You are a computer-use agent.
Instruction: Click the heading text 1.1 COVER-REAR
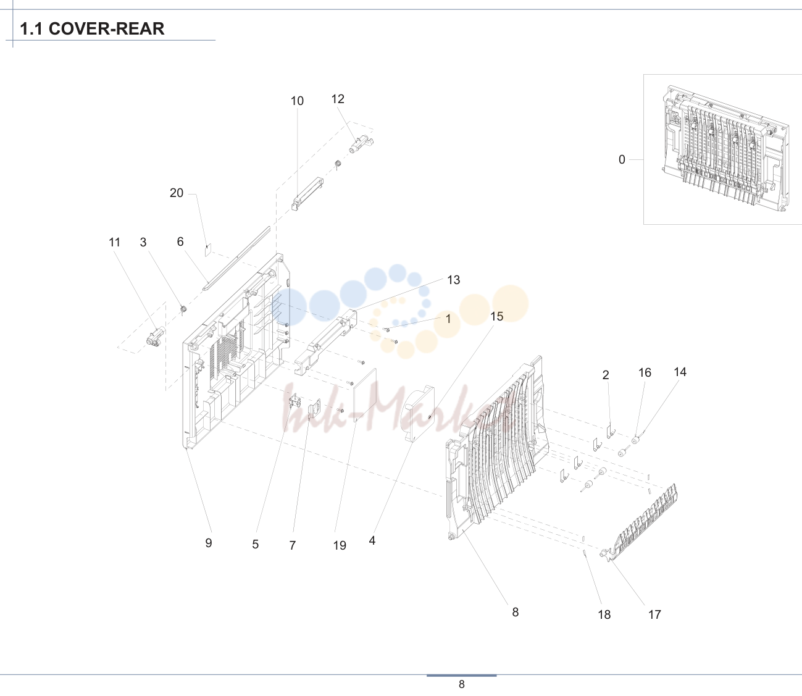click(x=92, y=28)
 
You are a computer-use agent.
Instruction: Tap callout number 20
click(x=177, y=193)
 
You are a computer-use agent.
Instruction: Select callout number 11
click(x=114, y=242)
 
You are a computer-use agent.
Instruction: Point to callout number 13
click(x=454, y=280)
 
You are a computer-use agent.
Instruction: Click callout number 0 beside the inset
click(x=622, y=159)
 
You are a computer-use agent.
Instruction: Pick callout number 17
click(x=654, y=614)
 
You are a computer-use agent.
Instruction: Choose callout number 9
click(x=209, y=543)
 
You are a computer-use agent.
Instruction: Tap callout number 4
click(x=372, y=541)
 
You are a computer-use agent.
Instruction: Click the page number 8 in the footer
click(x=462, y=684)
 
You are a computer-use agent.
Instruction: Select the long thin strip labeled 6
click(x=236, y=258)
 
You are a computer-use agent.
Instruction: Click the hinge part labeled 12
click(x=361, y=144)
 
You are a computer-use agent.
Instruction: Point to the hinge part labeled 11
click(x=156, y=337)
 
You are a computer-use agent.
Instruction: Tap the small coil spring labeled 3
click(x=183, y=309)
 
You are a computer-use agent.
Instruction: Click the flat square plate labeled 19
click(x=365, y=395)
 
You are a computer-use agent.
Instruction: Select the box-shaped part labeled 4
click(x=420, y=414)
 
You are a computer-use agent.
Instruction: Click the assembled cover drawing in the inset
click(x=725, y=149)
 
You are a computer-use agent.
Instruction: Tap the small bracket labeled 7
click(x=314, y=409)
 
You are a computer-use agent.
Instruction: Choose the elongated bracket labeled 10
click(x=307, y=194)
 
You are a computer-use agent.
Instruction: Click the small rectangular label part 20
click(x=208, y=249)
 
